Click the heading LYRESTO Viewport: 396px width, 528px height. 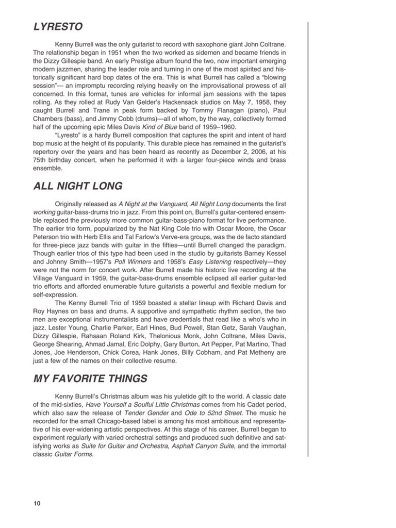(58, 26)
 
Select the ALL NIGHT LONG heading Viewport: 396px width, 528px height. (77, 186)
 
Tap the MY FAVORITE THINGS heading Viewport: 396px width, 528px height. (90, 379)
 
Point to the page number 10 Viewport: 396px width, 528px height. (37, 503)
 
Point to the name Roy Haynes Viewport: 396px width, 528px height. (50, 311)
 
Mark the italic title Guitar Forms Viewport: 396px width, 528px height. (76, 454)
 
